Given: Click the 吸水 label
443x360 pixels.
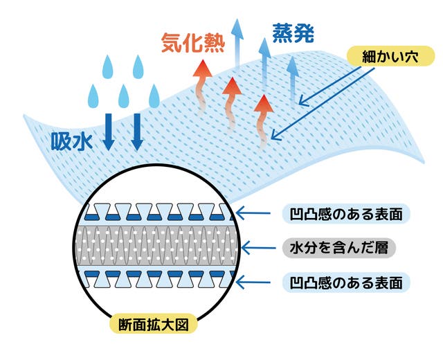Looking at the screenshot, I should (73, 141).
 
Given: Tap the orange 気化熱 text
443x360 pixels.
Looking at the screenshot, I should (189, 43).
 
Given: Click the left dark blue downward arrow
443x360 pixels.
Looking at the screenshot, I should (109, 130).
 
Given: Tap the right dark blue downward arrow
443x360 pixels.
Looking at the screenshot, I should (137, 130).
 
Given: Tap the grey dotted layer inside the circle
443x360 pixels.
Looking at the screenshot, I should (159, 246).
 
